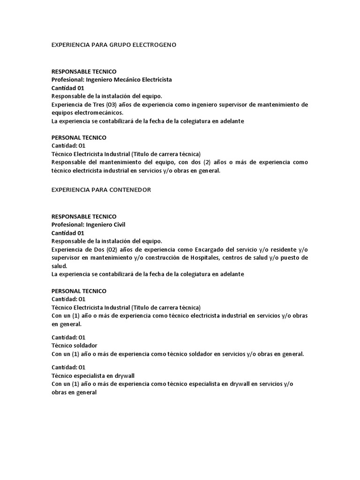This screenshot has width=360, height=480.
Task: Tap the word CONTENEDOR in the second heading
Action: point(128,189)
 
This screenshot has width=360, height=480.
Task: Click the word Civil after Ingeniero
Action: point(119,225)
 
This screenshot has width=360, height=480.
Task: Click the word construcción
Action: point(159,257)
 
